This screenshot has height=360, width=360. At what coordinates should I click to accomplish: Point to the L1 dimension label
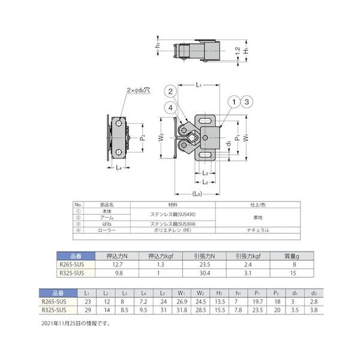pos(198,86)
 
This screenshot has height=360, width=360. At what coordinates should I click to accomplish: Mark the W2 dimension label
pos(161,137)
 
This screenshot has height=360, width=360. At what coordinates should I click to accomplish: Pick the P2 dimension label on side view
pos(142,138)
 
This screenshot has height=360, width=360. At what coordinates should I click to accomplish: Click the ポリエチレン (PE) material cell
pos(172,230)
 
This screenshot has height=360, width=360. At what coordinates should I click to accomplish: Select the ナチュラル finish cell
pos(257,230)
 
